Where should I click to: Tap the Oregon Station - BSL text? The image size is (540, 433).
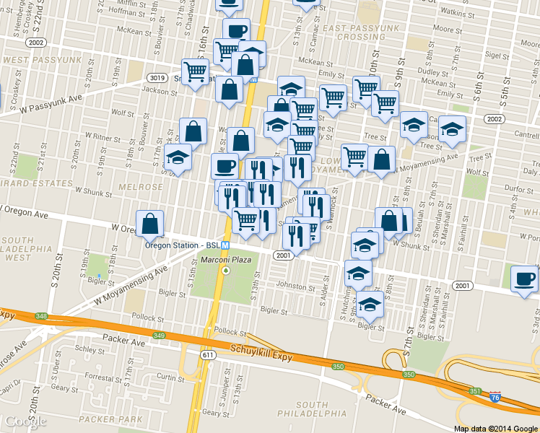[182, 245]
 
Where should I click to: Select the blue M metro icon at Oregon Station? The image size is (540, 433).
[225, 245]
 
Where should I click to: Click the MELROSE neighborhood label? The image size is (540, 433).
[147, 187]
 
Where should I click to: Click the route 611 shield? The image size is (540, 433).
[209, 355]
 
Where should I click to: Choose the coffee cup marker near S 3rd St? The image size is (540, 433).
[525, 279]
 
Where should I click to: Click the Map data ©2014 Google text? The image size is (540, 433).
[496, 428]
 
